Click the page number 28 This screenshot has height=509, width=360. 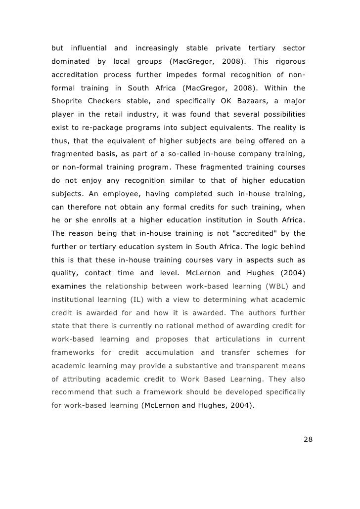(x=308, y=440)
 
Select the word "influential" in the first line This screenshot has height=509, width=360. (x=89, y=48)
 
